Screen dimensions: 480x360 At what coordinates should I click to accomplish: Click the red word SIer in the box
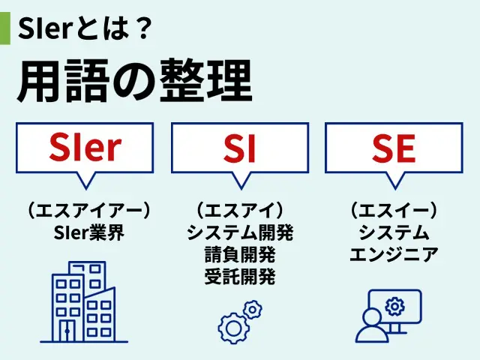(85, 147)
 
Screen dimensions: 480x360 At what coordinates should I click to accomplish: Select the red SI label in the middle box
(240, 148)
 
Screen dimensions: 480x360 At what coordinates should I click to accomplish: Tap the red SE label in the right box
(394, 148)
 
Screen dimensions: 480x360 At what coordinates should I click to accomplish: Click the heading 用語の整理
(135, 81)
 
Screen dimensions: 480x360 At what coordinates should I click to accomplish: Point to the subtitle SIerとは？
(85, 28)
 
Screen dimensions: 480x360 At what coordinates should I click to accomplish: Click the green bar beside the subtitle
(5, 28)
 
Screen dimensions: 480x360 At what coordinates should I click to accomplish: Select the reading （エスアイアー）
(88, 210)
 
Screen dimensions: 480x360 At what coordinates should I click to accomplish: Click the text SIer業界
(88, 232)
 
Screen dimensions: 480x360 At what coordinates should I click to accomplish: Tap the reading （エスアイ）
(240, 210)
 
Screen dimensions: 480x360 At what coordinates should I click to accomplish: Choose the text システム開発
(240, 232)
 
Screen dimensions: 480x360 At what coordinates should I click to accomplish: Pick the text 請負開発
(240, 255)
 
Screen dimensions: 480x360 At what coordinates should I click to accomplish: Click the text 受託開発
(240, 277)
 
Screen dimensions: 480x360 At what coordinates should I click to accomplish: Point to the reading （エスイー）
(394, 210)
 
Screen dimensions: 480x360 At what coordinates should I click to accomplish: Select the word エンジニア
(394, 255)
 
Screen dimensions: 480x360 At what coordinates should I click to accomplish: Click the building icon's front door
(67, 331)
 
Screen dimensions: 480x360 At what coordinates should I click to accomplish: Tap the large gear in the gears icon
(233, 328)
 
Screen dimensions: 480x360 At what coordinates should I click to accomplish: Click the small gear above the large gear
(253, 310)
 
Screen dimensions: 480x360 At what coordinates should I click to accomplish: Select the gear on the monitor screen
(394, 307)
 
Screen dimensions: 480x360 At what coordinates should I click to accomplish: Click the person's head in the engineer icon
(372, 318)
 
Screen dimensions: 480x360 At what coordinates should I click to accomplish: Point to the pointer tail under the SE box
(394, 181)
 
